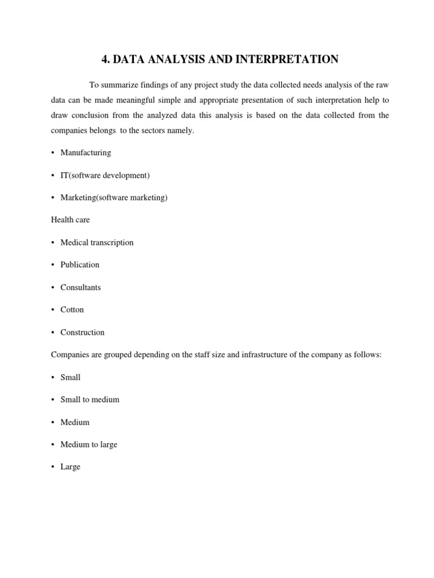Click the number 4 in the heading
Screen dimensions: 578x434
(x=105, y=59)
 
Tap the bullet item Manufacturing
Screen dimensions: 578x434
(x=85, y=152)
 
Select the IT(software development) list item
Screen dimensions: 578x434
(x=105, y=175)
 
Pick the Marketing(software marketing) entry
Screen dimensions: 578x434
(x=114, y=198)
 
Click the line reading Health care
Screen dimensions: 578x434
(x=70, y=220)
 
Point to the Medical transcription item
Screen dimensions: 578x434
(x=97, y=242)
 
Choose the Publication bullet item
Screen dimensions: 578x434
(x=80, y=265)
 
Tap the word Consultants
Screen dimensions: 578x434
(x=80, y=287)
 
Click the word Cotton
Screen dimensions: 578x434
(x=72, y=310)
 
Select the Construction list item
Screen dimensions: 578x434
(x=82, y=332)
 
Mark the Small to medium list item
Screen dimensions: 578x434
(x=90, y=400)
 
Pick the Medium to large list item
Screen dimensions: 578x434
(x=89, y=445)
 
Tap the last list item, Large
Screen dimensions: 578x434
(x=70, y=467)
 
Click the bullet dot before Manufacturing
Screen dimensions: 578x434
(x=53, y=153)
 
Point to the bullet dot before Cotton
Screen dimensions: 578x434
(x=53, y=310)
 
